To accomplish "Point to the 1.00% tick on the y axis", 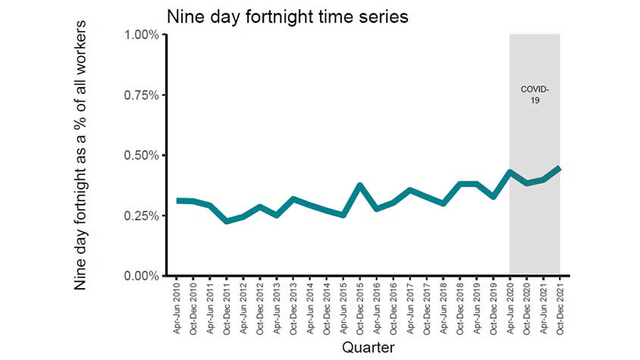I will point(142,35).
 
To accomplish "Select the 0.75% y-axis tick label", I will point(142,95).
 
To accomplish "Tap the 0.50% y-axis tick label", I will point(142,155).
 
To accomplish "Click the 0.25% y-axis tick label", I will point(142,216).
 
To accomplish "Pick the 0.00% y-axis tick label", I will point(142,276).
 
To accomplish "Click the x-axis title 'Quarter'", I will point(368,347).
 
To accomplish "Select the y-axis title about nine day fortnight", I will point(81,155).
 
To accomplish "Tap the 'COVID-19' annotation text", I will point(535,94).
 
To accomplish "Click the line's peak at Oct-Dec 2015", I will point(360,185).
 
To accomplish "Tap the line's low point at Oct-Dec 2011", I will point(227,221).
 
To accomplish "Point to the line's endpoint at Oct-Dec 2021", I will point(560,168).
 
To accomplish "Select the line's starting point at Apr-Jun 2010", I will point(177,200).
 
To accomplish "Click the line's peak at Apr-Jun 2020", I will point(510,172).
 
